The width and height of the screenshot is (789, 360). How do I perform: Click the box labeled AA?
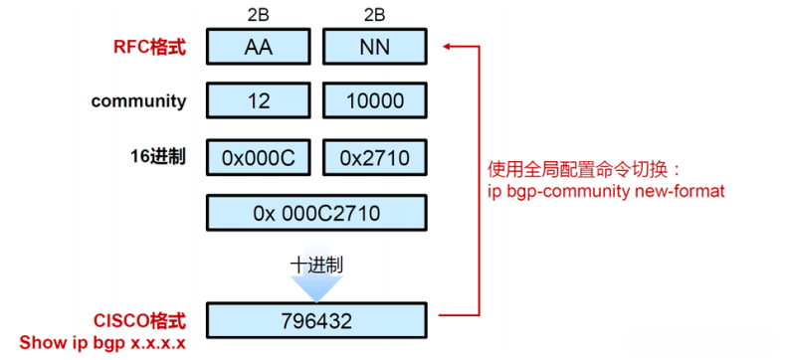click(x=258, y=46)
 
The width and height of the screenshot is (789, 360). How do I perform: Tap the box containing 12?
click(x=258, y=100)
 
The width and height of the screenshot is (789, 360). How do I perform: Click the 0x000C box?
click(x=258, y=156)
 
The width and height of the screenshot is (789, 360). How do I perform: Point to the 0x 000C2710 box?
click(x=316, y=211)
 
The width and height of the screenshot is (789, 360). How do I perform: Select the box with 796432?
click(x=316, y=321)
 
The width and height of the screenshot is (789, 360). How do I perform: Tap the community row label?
click(x=138, y=100)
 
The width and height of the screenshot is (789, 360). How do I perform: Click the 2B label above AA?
click(x=258, y=15)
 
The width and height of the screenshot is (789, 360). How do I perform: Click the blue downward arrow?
click(x=316, y=285)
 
